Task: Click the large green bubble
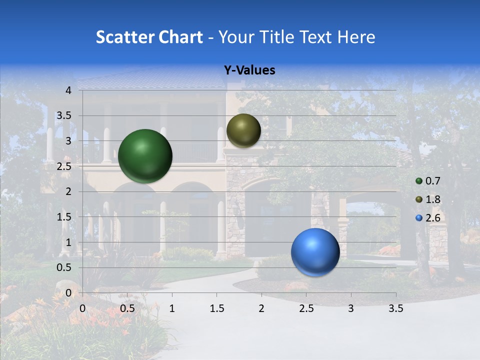coord(145,155)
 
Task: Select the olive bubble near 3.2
coord(243,130)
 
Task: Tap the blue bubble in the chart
coord(315,252)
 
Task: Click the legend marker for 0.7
coord(419,181)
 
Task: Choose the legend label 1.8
coord(433,199)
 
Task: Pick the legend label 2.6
coord(433,218)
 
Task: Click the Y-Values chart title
coord(249,70)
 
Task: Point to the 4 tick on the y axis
coord(69,90)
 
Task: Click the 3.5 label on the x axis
coord(395,308)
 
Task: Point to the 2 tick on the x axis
coord(261,308)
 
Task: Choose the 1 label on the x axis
coord(172,308)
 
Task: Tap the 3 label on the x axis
coord(351,308)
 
